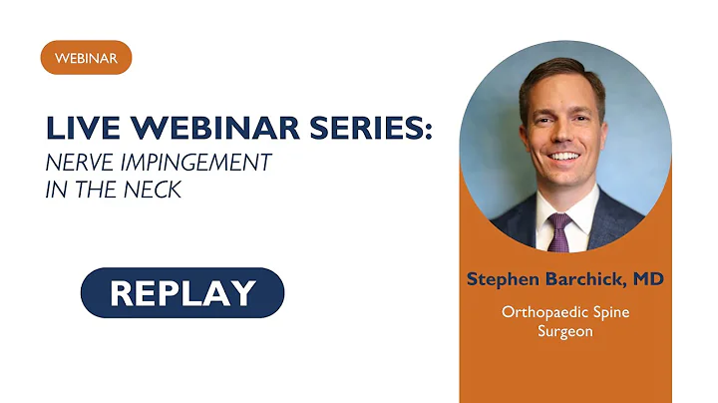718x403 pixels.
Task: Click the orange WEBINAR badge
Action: click(x=86, y=58)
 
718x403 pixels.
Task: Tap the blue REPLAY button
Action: click(x=182, y=293)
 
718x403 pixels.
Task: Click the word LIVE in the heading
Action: click(x=81, y=128)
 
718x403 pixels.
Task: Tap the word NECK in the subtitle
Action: click(x=157, y=190)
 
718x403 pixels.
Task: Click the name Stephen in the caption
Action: click(x=505, y=279)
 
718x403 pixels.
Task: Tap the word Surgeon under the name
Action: click(x=564, y=330)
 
